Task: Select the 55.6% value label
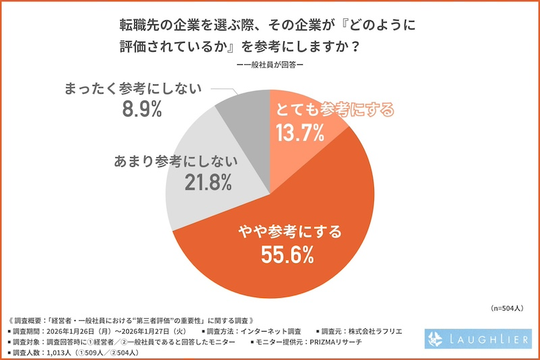(x=286, y=256)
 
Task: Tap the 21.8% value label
(x=207, y=182)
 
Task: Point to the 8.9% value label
(x=140, y=110)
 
